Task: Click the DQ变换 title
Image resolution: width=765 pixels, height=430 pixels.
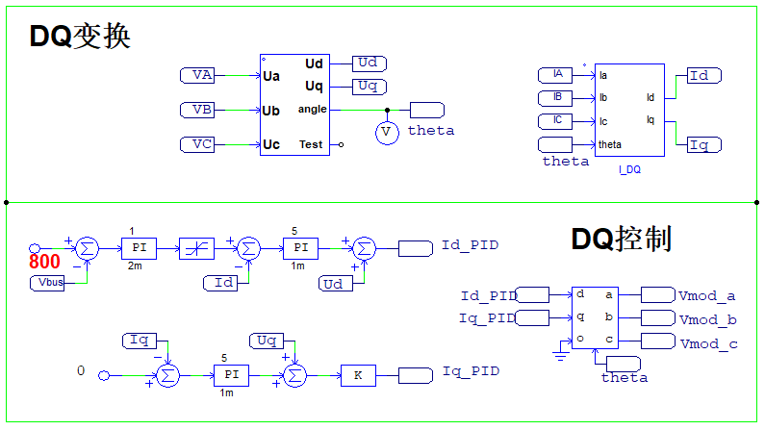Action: pyautogui.click(x=80, y=36)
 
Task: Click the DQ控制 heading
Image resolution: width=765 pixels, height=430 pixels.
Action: pyautogui.click(x=621, y=239)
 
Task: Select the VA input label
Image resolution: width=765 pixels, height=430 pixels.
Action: pyautogui.click(x=202, y=75)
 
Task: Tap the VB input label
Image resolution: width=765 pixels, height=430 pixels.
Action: pyautogui.click(x=202, y=110)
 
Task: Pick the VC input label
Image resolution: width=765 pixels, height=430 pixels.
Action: pyautogui.click(x=202, y=144)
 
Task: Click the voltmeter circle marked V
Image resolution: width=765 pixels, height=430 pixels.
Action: pyautogui.click(x=386, y=132)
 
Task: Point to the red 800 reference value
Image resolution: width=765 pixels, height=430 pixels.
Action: pyautogui.click(x=44, y=261)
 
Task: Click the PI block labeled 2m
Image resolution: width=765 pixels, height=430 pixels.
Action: pyautogui.click(x=135, y=248)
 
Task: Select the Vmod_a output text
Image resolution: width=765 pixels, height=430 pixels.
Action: pyautogui.click(x=707, y=296)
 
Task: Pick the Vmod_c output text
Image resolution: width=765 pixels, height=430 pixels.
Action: pyautogui.click(x=707, y=342)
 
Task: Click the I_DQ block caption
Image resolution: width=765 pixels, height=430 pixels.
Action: pyautogui.click(x=629, y=169)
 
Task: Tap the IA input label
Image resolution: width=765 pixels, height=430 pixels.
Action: pyautogui.click(x=556, y=74)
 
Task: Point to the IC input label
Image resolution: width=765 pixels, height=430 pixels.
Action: pyautogui.click(x=556, y=121)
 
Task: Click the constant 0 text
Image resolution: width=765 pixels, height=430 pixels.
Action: pyautogui.click(x=81, y=370)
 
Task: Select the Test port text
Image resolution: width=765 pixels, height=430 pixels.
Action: pyautogui.click(x=311, y=144)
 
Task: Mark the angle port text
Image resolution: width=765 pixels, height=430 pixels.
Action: pyautogui.click(x=312, y=110)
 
